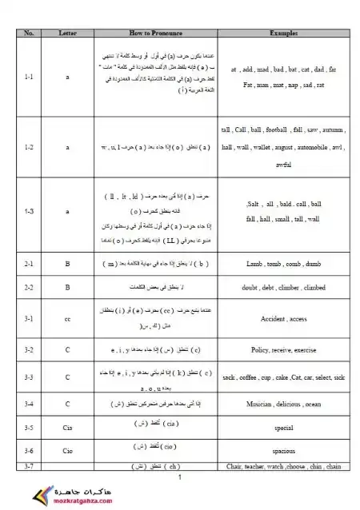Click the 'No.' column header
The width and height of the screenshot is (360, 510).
[x=29, y=34]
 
